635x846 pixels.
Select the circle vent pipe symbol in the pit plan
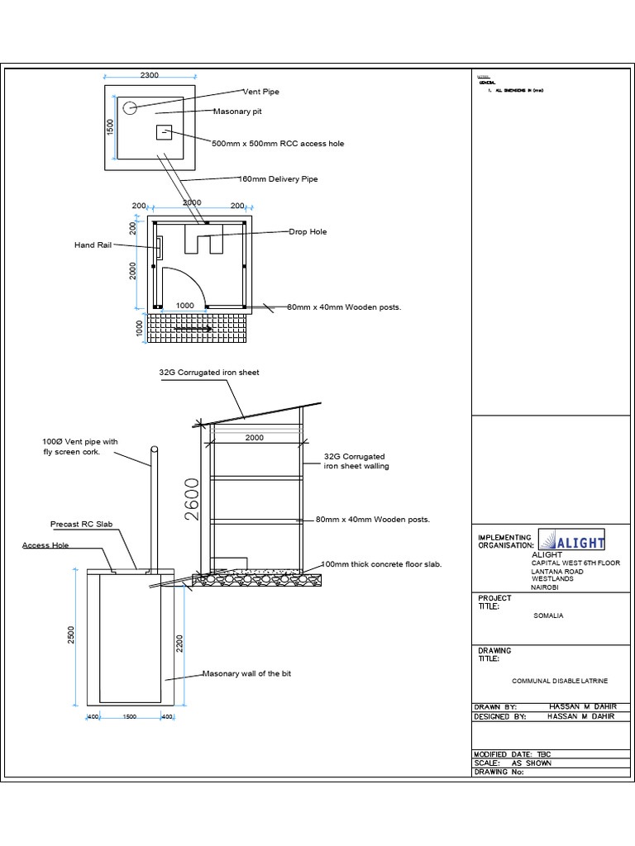tap(130, 107)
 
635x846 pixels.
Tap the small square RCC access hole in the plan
tap(165, 134)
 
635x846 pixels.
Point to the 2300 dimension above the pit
tap(149, 76)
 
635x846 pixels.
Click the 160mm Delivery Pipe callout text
tap(278, 178)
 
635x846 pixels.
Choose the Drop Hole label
tap(308, 232)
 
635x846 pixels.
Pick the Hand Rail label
tap(92, 245)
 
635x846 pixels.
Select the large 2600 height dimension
tap(192, 499)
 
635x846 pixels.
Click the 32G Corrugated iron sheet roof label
tap(209, 373)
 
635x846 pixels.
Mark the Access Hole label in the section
tap(45, 545)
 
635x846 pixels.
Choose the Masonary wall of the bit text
tap(246, 674)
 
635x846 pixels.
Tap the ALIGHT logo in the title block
tap(572, 540)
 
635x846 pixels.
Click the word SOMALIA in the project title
tap(548, 616)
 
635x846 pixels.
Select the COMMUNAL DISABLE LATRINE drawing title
tap(560, 681)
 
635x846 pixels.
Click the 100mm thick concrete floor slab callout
tap(382, 564)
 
